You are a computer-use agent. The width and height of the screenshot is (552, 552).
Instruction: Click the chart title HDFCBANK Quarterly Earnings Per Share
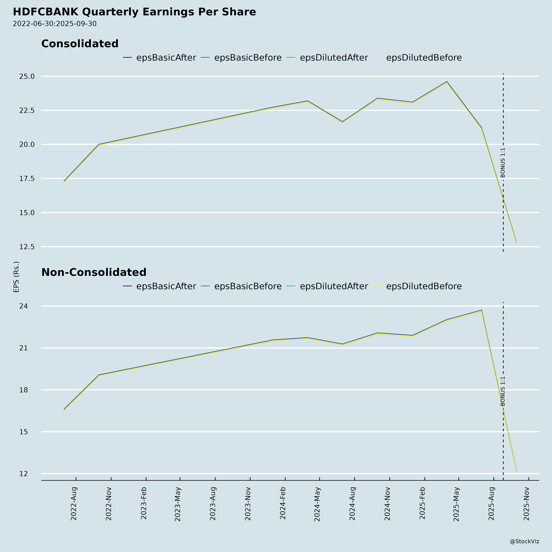click(134, 12)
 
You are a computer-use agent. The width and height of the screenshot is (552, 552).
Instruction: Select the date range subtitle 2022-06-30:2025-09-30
click(55, 24)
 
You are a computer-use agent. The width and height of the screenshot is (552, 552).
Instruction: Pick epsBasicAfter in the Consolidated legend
click(166, 58)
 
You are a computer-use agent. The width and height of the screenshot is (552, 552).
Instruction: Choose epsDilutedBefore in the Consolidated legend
click(424, 58)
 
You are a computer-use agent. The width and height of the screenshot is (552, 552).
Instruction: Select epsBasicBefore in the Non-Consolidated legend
click(248, 286)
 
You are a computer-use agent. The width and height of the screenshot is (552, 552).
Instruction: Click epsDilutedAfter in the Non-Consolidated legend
click(334, 286)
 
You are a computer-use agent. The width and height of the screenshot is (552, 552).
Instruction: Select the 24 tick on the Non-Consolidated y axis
click(24, 306)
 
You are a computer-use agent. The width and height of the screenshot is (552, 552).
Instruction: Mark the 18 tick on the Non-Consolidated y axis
click(24, 390)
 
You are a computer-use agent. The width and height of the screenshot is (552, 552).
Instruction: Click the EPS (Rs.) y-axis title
click(16, 277)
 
